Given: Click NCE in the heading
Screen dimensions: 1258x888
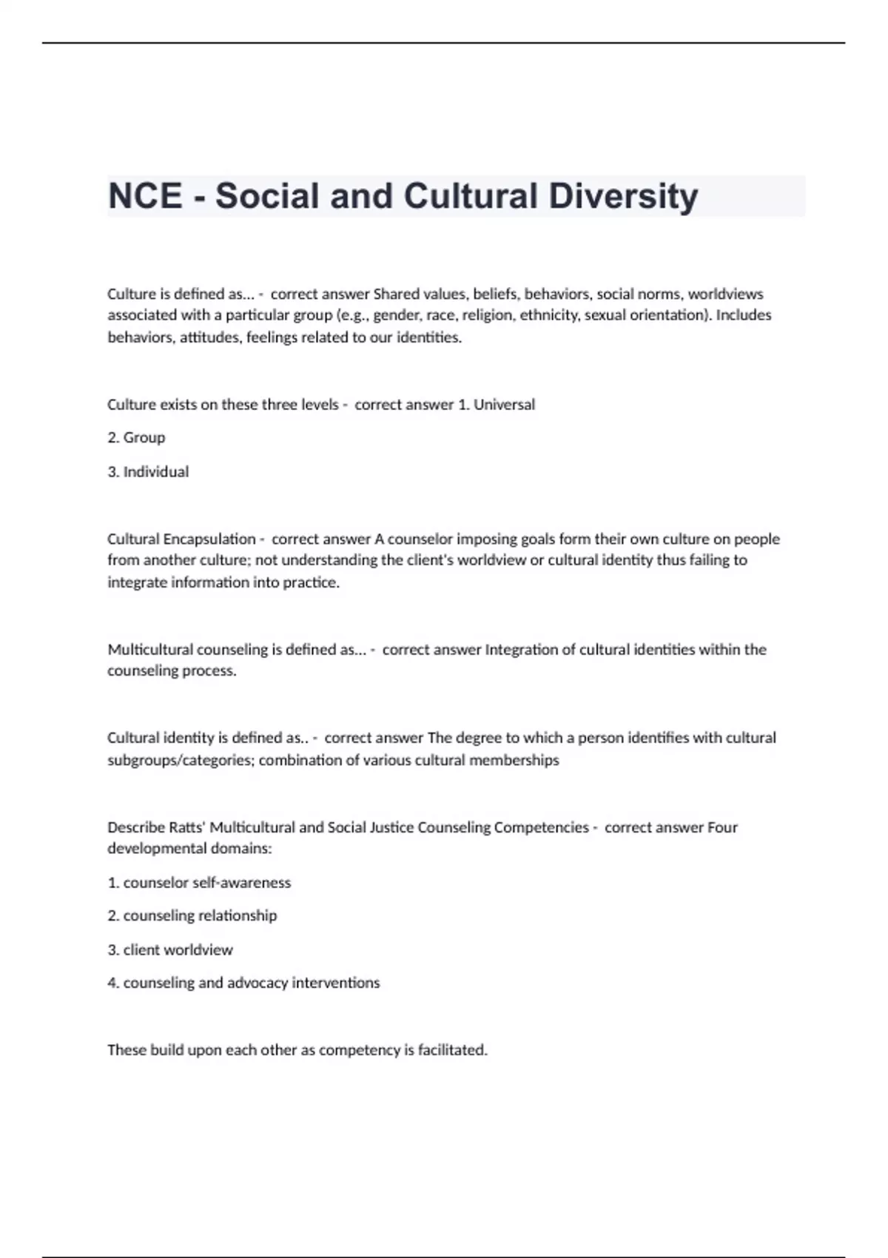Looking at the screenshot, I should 145,196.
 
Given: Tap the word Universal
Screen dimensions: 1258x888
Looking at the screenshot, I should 504,405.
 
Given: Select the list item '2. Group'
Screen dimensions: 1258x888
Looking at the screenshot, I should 136,437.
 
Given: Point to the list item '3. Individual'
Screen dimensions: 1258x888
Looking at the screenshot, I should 148,471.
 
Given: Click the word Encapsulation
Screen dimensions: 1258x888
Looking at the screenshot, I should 209,539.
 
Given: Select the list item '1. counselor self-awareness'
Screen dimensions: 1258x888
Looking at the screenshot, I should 199,882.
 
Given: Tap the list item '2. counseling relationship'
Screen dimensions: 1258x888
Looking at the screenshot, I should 192,915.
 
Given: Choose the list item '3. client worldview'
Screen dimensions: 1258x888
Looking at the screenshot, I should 170,949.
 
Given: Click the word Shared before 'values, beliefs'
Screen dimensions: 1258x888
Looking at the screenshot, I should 397,294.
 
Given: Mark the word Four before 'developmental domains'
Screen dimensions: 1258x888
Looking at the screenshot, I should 722,827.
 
